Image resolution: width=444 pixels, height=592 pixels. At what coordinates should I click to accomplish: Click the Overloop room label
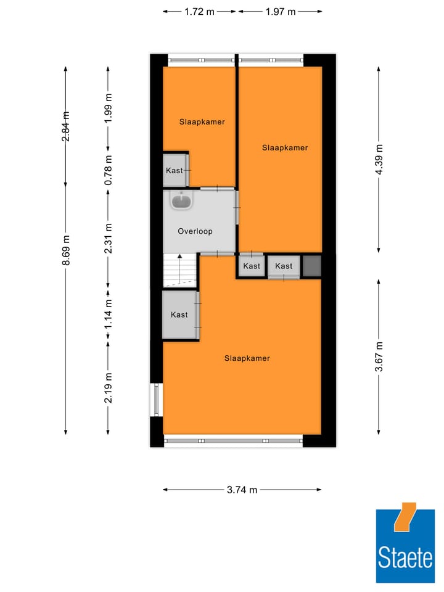tap(195, 231)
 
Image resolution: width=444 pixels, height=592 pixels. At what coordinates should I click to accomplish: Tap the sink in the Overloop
tap(183, 200)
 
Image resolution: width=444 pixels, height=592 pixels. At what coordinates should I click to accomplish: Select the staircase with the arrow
tap(179, 270)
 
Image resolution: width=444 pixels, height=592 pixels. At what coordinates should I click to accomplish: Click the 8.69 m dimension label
tap(66, 251)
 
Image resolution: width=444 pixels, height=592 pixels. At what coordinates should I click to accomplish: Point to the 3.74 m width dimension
tap(242, 490)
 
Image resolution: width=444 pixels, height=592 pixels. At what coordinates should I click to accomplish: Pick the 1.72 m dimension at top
tap(199, 11)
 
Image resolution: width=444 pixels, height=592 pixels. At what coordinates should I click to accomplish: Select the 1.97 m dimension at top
tap(280, 11)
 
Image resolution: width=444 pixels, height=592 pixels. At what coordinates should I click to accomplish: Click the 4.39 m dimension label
tap(379, 159)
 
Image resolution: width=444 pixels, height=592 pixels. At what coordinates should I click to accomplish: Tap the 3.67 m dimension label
tap(379, 356)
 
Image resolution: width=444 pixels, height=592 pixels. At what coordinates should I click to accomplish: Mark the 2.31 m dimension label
tap(108, 238)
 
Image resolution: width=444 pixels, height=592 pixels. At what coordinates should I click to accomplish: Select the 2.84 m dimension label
tap(66, 126)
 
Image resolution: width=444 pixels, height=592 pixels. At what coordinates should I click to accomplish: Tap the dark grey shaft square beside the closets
tap(312, 266)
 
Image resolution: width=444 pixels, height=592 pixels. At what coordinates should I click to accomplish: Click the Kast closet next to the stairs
tap(179, 314)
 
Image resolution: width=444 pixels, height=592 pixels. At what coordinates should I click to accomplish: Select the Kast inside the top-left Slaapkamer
tap(175, 171)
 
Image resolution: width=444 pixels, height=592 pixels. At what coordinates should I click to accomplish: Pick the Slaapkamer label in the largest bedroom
tap(247, 358)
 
